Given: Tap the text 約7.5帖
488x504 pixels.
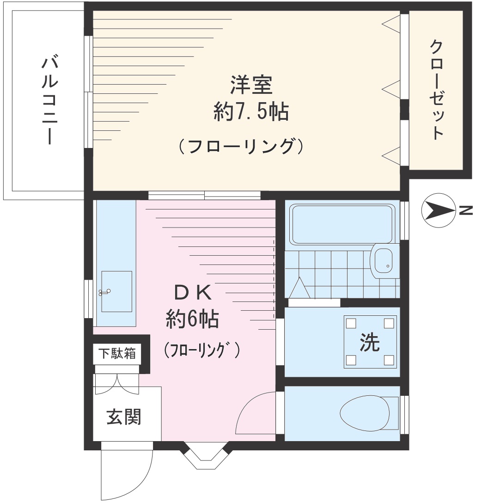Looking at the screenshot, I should coord(251,112).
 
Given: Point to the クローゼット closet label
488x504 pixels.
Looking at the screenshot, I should coord(437,90).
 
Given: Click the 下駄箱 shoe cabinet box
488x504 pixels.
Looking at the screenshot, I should coord(117,354).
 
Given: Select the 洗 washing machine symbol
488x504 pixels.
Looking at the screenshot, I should coord(370,342).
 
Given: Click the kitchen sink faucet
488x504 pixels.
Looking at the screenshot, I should coord(105,291).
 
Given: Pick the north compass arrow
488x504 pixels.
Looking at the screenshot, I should coord(437,211).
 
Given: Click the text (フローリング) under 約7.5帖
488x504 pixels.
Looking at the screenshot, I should coord(241,147).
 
